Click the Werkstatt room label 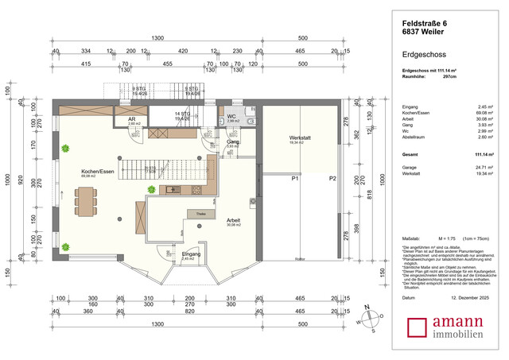tap(300, 138)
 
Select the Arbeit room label tap(233, 220)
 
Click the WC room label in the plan tap(231, 116)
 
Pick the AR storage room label tap(131, 120)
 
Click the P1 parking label tap(293, 180)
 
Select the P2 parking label tap(332, 180)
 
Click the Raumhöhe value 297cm tap(449, 77)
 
